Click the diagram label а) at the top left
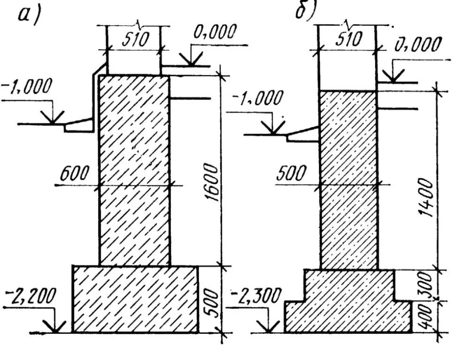(x=29, y=15)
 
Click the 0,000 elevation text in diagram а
(x=214, y=34)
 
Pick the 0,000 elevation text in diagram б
(x=417, y=45)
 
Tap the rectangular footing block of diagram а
(x=135, y=299)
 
